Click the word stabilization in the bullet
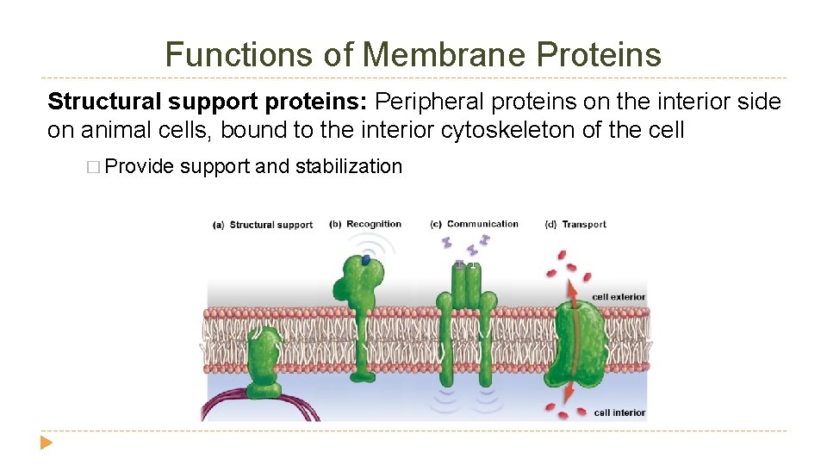349,166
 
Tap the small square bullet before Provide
94,167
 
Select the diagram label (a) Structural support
263,225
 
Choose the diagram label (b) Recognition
365,224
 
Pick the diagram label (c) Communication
474,224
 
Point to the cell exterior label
619,297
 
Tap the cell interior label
619,412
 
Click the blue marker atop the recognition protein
366,258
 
